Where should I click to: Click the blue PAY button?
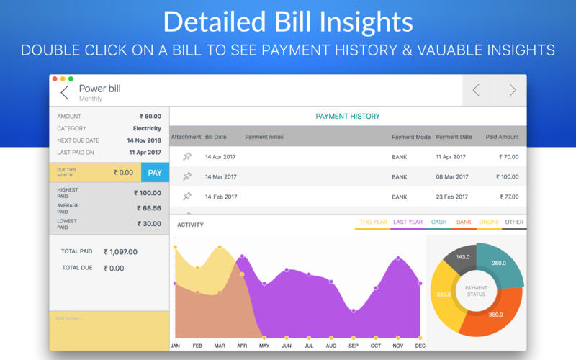(x=155, y=173)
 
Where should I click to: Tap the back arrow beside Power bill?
(x=64, y=92)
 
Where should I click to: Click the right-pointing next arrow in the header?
(x=512, y=90)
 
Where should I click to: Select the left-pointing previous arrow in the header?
(x=476, y=90)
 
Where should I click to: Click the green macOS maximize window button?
(x=71, y=78)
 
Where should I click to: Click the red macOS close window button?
(x=54, y=78)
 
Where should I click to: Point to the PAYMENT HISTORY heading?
(x=348, y=116)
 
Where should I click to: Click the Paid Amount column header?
(x=502, y=137)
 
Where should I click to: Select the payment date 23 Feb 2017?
(x=451, y=196)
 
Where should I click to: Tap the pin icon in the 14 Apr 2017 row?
(x=187, y=156)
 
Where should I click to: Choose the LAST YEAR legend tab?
(x=408, y=222)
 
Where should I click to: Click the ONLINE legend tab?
(x=488, y=222)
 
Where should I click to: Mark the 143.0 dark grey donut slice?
(x=462, y=258)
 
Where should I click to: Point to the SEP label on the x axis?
(x=353, y=346)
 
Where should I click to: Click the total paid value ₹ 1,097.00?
(x=120, y=252)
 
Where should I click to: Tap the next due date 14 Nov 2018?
(x=144, y=140)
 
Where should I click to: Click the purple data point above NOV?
(x=397, y=258)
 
